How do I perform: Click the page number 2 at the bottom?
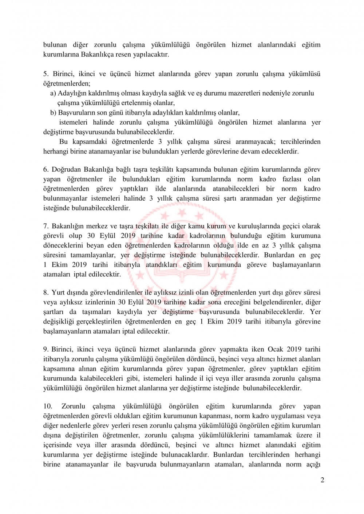pos(322,480)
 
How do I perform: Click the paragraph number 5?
pos(46,74)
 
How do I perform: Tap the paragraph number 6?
pos(46,169)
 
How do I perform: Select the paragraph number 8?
pos(46,293)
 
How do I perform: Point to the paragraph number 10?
pos(48,406)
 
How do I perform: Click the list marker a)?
pos(53,93)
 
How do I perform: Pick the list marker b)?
pos(53,113)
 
